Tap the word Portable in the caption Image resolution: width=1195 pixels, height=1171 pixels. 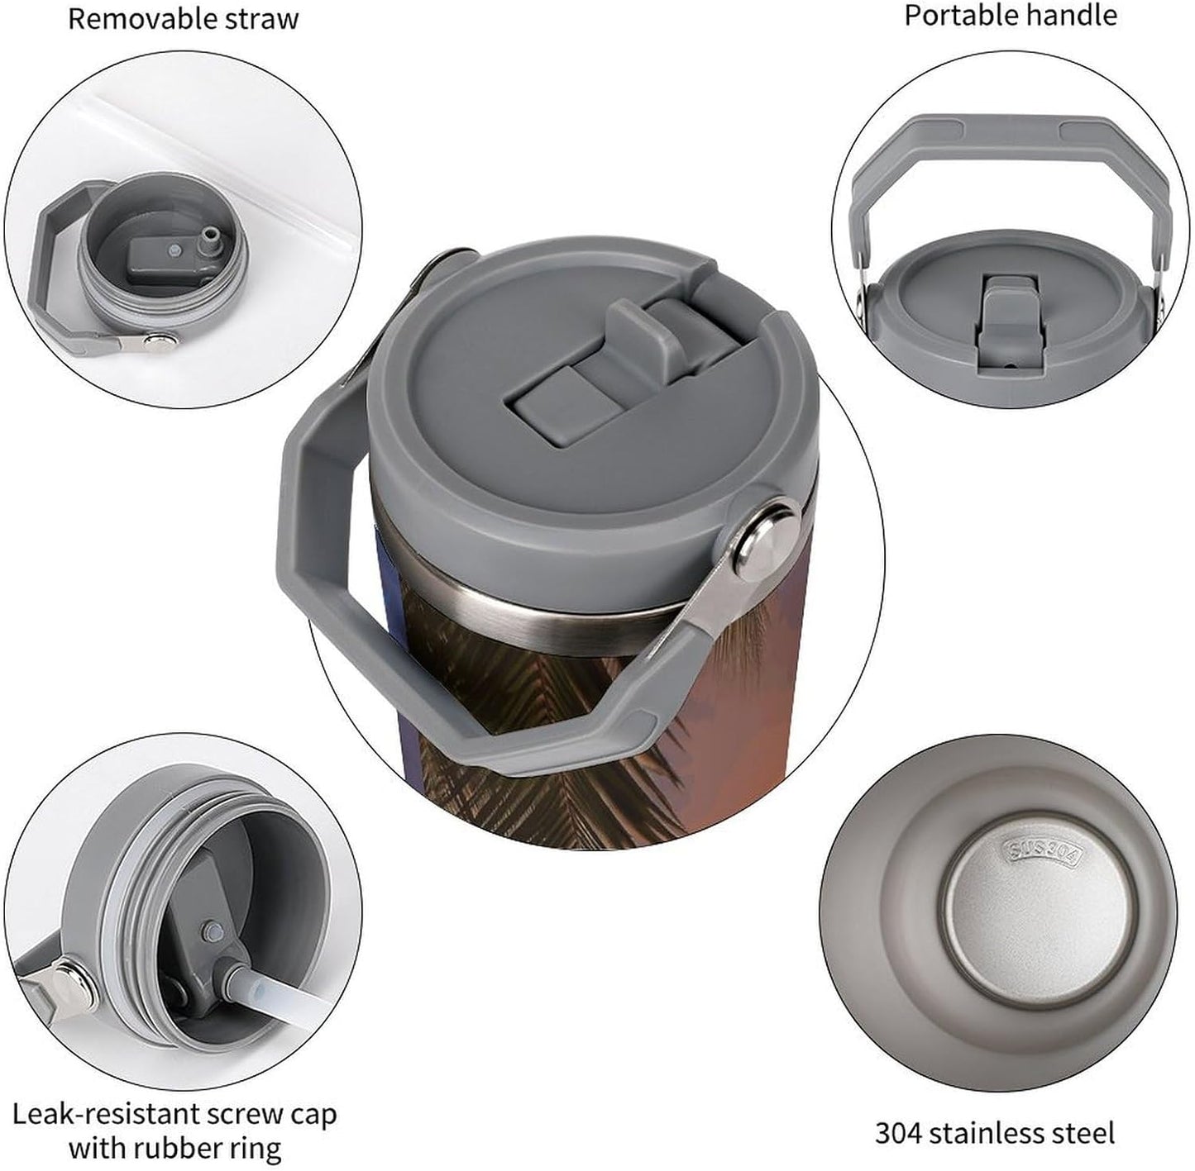pyautogui.click(x=958, y=16)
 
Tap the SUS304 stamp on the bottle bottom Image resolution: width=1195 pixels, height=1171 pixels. pyautogui.click(x=1042, y=854)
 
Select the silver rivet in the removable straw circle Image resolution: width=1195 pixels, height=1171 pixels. pyautogui.click(x=160, y=340)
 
